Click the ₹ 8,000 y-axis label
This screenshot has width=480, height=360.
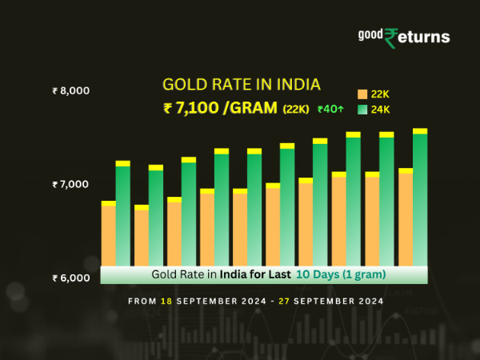click(70, 91)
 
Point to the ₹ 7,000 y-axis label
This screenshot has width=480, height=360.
click(70, 185)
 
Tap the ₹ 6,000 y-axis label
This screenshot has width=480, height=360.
click(70, 278)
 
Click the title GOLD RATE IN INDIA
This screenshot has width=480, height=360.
click(241, 85)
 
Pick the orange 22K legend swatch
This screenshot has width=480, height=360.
click(362, 94)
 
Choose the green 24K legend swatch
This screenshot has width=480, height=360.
click(362, 109)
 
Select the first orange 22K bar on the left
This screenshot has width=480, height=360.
click(108, 234)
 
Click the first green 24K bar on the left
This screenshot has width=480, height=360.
click(123, 214)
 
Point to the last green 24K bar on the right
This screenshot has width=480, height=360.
click(420, 198)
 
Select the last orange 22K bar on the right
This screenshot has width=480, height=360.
click(406, 218)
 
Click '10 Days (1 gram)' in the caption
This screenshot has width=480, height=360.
click(341, 274)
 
